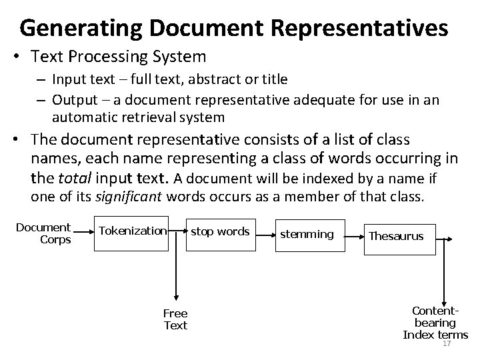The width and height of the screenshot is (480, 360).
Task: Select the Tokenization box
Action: pyautogui.click(x=131, y=231)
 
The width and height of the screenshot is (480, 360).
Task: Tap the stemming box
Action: pyautogui.click(x=307, y=234)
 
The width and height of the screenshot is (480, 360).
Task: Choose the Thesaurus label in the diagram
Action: pyautogui.click(x=396, y=237)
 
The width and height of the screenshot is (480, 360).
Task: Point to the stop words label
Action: pyautogui.click(x=220, y=231)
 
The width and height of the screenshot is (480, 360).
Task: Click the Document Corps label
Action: pyautogui.click(x=43, y=233)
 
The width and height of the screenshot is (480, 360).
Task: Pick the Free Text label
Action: pyautogui.click(x=176, y=319)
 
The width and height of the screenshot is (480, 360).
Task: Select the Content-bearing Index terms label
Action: pyautogui.click(x=435, y=323)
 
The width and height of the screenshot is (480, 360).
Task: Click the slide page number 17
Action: pyautogui.click(x=447, y=343)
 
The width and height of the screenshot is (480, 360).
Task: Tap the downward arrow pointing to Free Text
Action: pyautogui.click(x=176, y=297)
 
